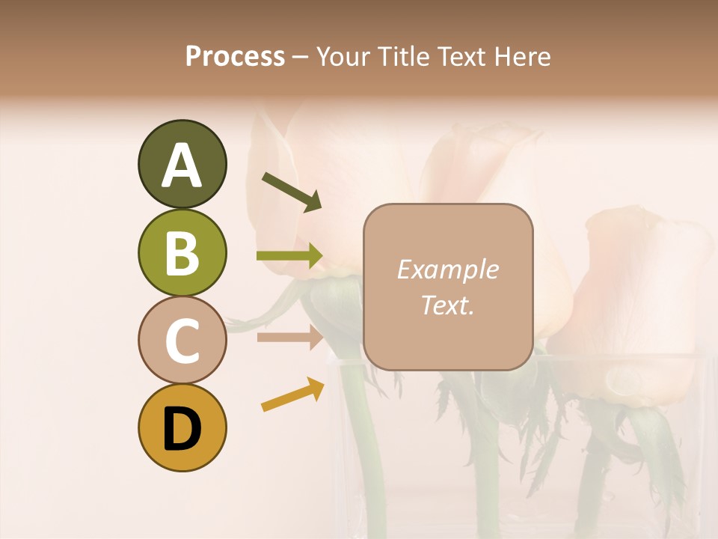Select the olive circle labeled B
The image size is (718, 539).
[x=182, y=252]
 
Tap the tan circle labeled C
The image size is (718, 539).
[x=182, y=340]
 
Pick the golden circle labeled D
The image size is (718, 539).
[x=182, y=427]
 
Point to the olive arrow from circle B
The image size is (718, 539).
[x=289, y=256]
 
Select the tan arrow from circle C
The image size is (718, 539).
[x=289, y=337]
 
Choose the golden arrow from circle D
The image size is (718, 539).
[x=292, y=395]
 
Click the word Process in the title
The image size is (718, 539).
[x=235, y=57]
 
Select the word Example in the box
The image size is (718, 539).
[x=448, y=269]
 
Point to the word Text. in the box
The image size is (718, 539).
[x=448, y=305]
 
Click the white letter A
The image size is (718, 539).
[x=182, y=165]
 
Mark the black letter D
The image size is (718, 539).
[x=182, y=430]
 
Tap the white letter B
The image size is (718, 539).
[x=182, y=253]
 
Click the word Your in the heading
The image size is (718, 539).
[x=340, y=57]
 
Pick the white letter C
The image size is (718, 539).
[x=182, y=341]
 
